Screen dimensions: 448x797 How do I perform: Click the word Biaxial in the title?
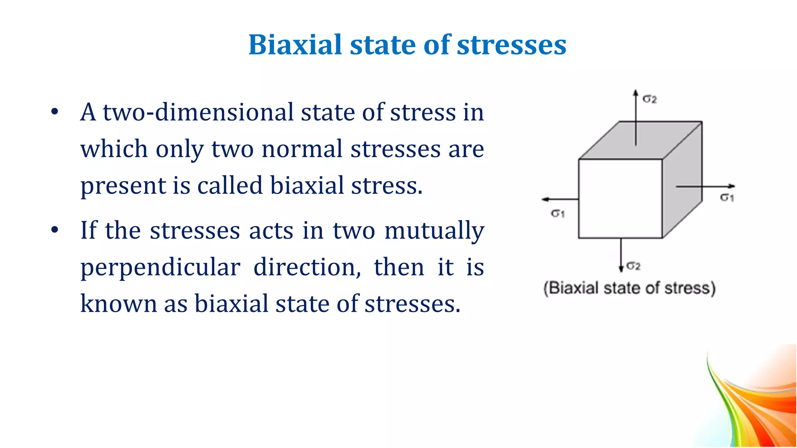click(295, 45)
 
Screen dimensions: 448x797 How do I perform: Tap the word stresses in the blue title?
click(511, 45)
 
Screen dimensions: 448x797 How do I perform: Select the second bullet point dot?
click(54, 230)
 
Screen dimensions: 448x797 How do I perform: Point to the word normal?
click(302, 149)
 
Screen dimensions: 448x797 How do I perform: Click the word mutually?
click(434, 230)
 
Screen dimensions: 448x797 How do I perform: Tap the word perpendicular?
click(160, 268)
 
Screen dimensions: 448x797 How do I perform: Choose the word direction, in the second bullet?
click(307, 268)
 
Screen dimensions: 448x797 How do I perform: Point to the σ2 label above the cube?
click(650, 99)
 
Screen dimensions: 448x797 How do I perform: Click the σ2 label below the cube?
click(634, 266)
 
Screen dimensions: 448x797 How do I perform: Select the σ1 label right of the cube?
click(727, 198)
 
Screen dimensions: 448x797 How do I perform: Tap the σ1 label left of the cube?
click(558, 213)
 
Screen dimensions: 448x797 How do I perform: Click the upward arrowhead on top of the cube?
click(635, 93)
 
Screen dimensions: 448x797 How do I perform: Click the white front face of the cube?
click(620, 198)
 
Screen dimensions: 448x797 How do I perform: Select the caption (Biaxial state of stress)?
click(629, 289)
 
